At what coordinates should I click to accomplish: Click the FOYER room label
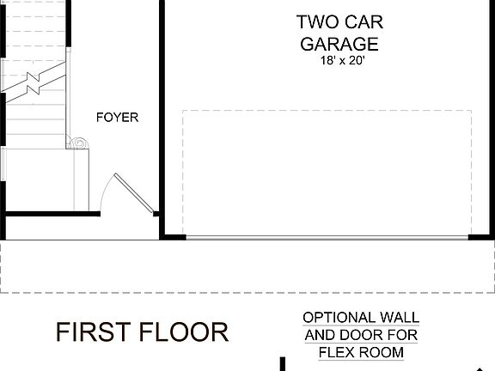117,118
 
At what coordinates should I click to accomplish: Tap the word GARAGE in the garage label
339,44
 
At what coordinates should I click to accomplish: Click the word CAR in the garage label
363,22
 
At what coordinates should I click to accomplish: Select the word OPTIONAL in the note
339,318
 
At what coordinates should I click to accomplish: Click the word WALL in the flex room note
396,318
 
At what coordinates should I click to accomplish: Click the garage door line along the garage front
327,237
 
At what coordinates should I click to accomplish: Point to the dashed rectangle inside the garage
327,111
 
